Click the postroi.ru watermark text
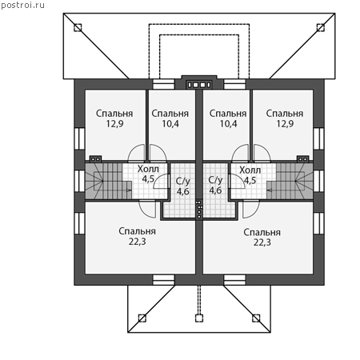pyautogui.click(x=22, y=6)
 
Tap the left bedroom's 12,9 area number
pyautogui.click(x=114, y=124)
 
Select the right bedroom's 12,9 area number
pyautogui.click(x=285, y=124)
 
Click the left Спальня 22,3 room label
pyautogui.click(x=138, y=236)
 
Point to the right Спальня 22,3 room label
pyautogui.click(x=262, y=237)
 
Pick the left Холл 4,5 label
pyautogui.click(x=148, y=174)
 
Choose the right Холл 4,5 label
pyautogui.click(x=250, y=175)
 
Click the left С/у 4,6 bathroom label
pyautogui.click(x=183, y=186)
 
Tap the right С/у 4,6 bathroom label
pyautogui.click(x=215, y=185)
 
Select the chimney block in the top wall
pyautogui.click(x=199, y=85)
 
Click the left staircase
pyautogui.click(x=108, y=181)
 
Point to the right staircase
pyautogui.click(x=290, y=181)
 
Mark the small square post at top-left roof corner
pyautogui.click(x=78, y=28)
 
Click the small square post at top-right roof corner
pyautogui.click(x=321, y=28)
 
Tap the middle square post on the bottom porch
pyautogui.click(x=199, y=318)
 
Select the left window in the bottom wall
pyautogui.click(x=163, y=280)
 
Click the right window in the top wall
pyautogui.click(x=234, y=84)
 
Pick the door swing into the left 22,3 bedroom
pyautogui.click(x=147, y=209)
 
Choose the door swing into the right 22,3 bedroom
pyautogui.click(x=251, y=209)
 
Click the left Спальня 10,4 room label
pyautogui.click(x=170, y=118)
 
